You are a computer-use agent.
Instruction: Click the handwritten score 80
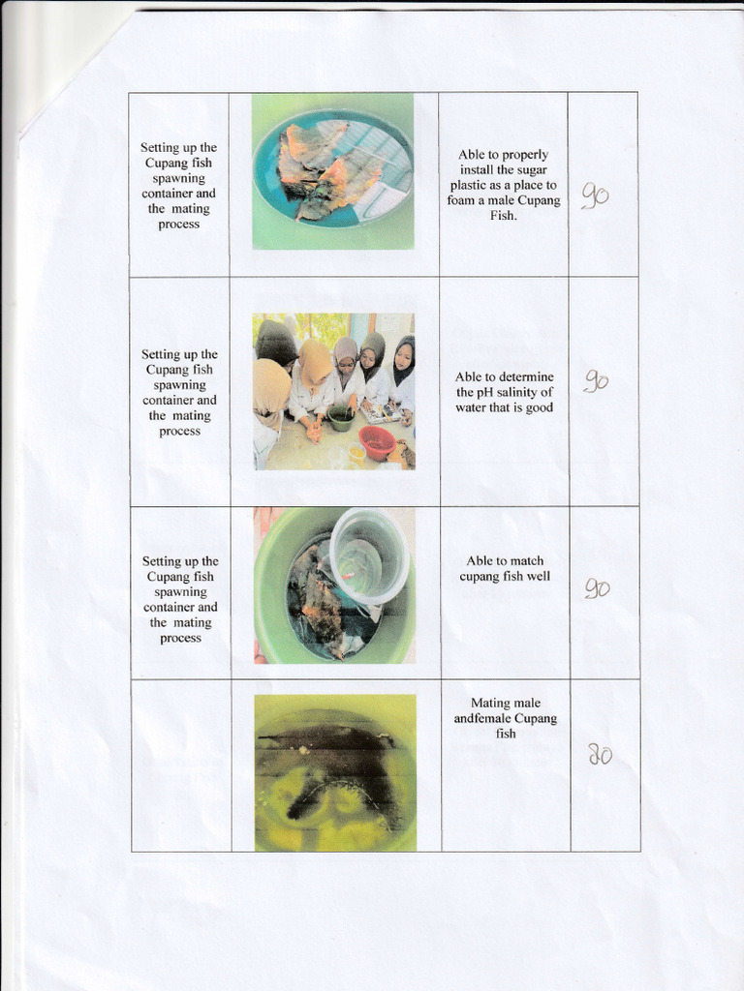tap(601, 755)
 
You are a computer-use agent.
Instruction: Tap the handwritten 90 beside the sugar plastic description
tap(595, 196)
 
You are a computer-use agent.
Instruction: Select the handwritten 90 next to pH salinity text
tap(596, 381)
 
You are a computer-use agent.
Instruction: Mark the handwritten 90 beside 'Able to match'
tap(597, 587)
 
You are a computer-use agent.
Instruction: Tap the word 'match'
tap(526, 560)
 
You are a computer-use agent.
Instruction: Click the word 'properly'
tap(525, 154)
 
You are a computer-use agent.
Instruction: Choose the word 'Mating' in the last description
tap(491, 703)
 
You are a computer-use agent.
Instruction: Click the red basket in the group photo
tap(377, 441)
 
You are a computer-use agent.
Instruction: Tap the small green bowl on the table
tap(341, 417)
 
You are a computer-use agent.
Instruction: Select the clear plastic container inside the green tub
tap(368, 556)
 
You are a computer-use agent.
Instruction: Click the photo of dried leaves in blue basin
tap(333, 171)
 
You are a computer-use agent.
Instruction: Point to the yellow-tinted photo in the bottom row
tap(335, 772)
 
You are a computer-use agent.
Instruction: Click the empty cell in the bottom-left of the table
tap(181, 765)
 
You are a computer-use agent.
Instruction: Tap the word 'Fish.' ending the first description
tap(504, 216)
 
